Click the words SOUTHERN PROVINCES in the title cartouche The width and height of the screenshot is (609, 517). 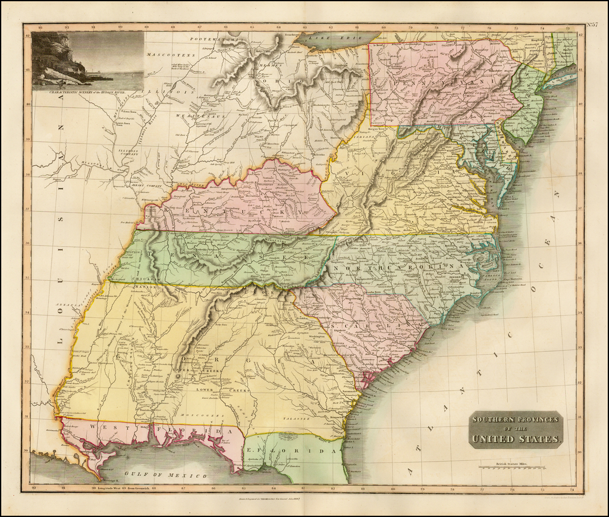[x=515, y=419]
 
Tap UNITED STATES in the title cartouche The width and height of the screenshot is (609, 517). [x=515, y=440]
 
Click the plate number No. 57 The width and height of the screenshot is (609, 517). [x=592, y=24]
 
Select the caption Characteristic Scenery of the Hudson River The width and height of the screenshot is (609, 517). [x=88, y=92]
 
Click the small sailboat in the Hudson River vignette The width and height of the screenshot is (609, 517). [x=62, y=83]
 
